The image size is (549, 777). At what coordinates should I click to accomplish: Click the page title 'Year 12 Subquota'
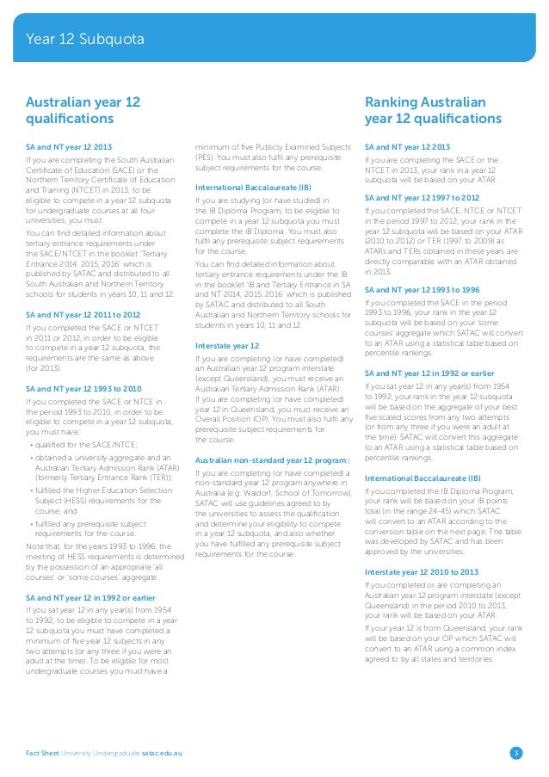point(83,40)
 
